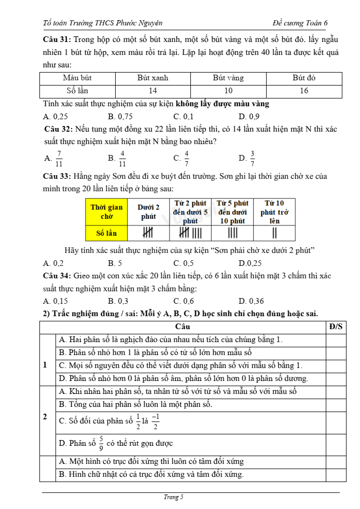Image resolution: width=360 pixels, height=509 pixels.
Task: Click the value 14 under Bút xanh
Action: (x=153, y=91)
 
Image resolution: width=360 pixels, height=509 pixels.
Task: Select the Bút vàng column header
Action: (x=228, y=78)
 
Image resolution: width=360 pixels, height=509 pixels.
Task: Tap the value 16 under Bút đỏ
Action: (x=304, y=91)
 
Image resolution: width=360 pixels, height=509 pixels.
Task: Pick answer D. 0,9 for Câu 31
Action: (x=249, y=117)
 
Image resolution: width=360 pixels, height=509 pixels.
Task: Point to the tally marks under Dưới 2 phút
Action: (x=148, y=233)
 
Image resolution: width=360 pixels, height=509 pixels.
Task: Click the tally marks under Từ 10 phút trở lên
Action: (x=275, y=233)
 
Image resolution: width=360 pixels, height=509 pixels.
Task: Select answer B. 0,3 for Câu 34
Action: (x=118, y=301)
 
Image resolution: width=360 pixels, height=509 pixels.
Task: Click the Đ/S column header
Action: (x=336, y=327)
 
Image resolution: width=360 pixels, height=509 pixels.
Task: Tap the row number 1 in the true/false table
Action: (x=45, y=364)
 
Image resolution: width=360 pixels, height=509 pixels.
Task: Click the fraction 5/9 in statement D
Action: (x=101, y=443)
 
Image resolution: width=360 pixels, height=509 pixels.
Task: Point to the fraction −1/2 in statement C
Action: (x=155, y=420)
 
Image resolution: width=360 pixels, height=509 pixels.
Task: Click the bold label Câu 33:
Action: (x=57, y=176)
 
